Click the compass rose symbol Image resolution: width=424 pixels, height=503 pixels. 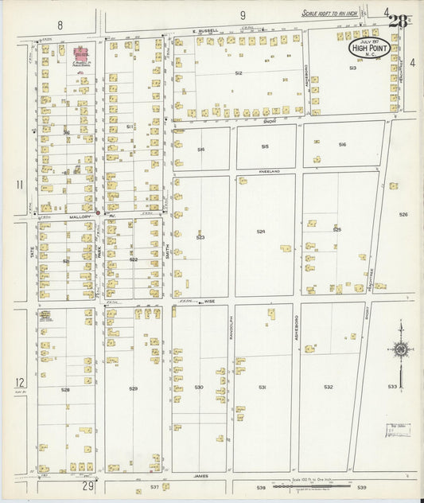pyautogui.click(x=402, y=349)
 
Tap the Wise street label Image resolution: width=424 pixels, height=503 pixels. pyautogui.click(x=209, y=302)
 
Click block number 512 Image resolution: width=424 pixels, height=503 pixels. pyautogui.click(x=238, y=72)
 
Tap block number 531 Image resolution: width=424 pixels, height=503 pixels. pyautogui.click(x=262, y=387)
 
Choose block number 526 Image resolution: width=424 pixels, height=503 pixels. pyautogui.click(x=403, y=214)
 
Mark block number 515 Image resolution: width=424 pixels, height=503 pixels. pyautogui.click(x=265, y=146)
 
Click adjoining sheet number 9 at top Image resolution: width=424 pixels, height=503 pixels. pyautogui.click(x=243, y=14)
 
